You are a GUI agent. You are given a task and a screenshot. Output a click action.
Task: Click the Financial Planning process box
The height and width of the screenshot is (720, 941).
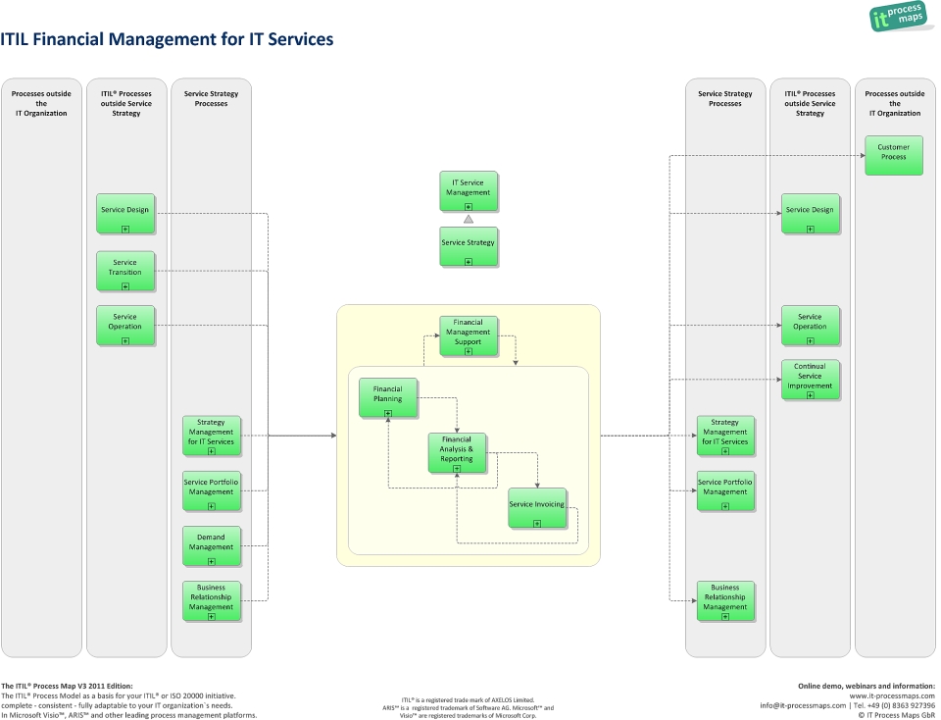tap(387, 397)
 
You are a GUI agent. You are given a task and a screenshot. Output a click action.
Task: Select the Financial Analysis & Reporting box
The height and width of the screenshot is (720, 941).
tap(457, 452)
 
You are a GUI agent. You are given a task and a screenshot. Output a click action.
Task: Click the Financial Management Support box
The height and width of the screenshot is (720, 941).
tap(468, 335)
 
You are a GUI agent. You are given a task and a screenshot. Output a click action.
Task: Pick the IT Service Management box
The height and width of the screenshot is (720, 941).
tap(468, 191)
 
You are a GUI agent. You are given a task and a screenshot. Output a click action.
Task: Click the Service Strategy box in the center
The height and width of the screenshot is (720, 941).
tap(468, 246)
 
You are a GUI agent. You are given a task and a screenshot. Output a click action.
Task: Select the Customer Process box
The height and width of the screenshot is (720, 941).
tap(893, 155)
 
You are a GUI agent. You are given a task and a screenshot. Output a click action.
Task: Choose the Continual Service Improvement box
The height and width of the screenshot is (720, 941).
tap(810, 380)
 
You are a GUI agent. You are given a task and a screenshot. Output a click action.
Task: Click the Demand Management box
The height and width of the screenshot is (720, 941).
tap(211, 545)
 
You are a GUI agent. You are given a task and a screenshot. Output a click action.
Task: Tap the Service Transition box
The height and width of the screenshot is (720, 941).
tap(125, 271)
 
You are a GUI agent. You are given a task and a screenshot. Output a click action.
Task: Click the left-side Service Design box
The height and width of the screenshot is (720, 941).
tap(125, 213)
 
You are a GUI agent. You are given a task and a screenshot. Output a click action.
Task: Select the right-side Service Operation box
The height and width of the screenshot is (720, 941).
tap(810, 325)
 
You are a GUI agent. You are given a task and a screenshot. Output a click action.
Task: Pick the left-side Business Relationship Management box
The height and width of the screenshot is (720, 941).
tap(211, 600)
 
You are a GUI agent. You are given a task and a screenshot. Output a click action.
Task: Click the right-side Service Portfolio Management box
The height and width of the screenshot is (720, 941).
tap(724, 490)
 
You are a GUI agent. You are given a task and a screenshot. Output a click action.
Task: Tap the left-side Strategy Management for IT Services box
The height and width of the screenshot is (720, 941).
tap(211, 435)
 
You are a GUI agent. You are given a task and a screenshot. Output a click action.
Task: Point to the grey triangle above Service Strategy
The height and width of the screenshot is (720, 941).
tap(469, 220)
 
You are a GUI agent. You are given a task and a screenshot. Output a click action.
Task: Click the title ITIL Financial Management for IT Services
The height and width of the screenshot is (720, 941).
tap(168, 40)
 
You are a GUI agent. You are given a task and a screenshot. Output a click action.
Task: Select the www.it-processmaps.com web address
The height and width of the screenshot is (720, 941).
tap(892, 695)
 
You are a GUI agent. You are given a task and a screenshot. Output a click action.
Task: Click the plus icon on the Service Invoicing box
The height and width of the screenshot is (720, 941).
tap(536, 524)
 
